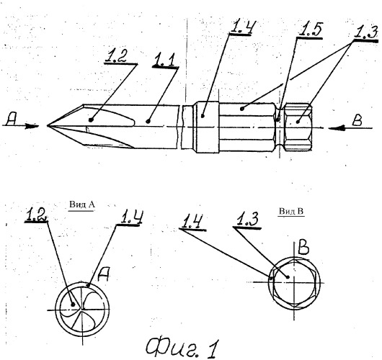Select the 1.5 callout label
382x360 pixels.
click(311, 30)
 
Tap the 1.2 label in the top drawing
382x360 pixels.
click(116, 56)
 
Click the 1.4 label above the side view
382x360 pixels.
click(242, 26)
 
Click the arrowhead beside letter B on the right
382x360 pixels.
click(336, 128)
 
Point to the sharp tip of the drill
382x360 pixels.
click(48, 126)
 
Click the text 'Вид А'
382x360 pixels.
click(81, 204)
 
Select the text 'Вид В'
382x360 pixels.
click(291, 211)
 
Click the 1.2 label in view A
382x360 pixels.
click(36, 215)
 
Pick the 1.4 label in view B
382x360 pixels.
click(192, 222)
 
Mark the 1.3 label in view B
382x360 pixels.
click(246, 220)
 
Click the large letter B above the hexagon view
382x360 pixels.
click(303, 248)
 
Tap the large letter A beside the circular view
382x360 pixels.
click(103, 274)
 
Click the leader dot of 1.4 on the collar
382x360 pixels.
click(203, 116)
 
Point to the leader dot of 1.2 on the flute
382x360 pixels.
click(91, 120)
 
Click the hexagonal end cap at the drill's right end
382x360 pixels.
click(298, 127)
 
